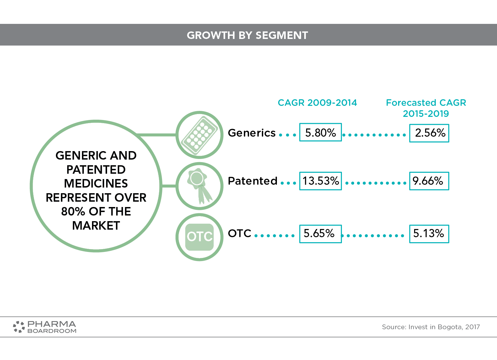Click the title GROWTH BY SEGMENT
(247, 35)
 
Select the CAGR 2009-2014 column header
(317, 103)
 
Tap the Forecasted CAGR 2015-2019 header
(426, 108)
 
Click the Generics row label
(251, 133)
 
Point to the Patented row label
(252, 181)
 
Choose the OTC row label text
(240, 233)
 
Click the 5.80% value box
(320, 132)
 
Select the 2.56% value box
(429, 133)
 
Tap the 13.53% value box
(320, 181)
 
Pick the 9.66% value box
(429, 181)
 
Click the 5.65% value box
(320, 234)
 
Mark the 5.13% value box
(429, 234)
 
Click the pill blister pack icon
(199, 135)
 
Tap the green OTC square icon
(199, 237)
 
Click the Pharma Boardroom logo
(44, 327)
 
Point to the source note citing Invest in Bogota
(431, 327)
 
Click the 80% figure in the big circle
(73, 211)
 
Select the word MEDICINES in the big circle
(96, 183)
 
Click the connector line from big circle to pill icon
(156, 135)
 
